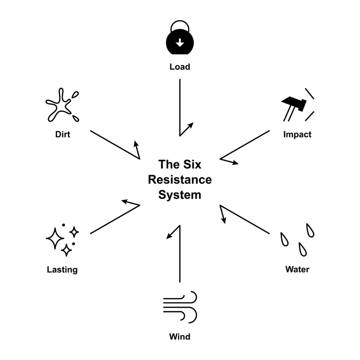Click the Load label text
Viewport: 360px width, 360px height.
tap(180, 67)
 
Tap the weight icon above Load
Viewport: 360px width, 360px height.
tap(180, 41)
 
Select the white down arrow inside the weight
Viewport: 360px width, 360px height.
tap(180, 44)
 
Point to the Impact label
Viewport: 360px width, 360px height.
tap(297, 135)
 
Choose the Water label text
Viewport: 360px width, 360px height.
tap(297, 269)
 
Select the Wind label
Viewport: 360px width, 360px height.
tap(180, 337)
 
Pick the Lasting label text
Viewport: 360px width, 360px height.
tap(62, 269)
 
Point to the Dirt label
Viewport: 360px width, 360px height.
tap(63, 135)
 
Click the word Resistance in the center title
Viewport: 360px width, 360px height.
tap(180, 179)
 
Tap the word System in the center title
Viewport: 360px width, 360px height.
tap(180, 195)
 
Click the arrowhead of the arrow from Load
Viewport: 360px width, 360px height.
tap(192, 124)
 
